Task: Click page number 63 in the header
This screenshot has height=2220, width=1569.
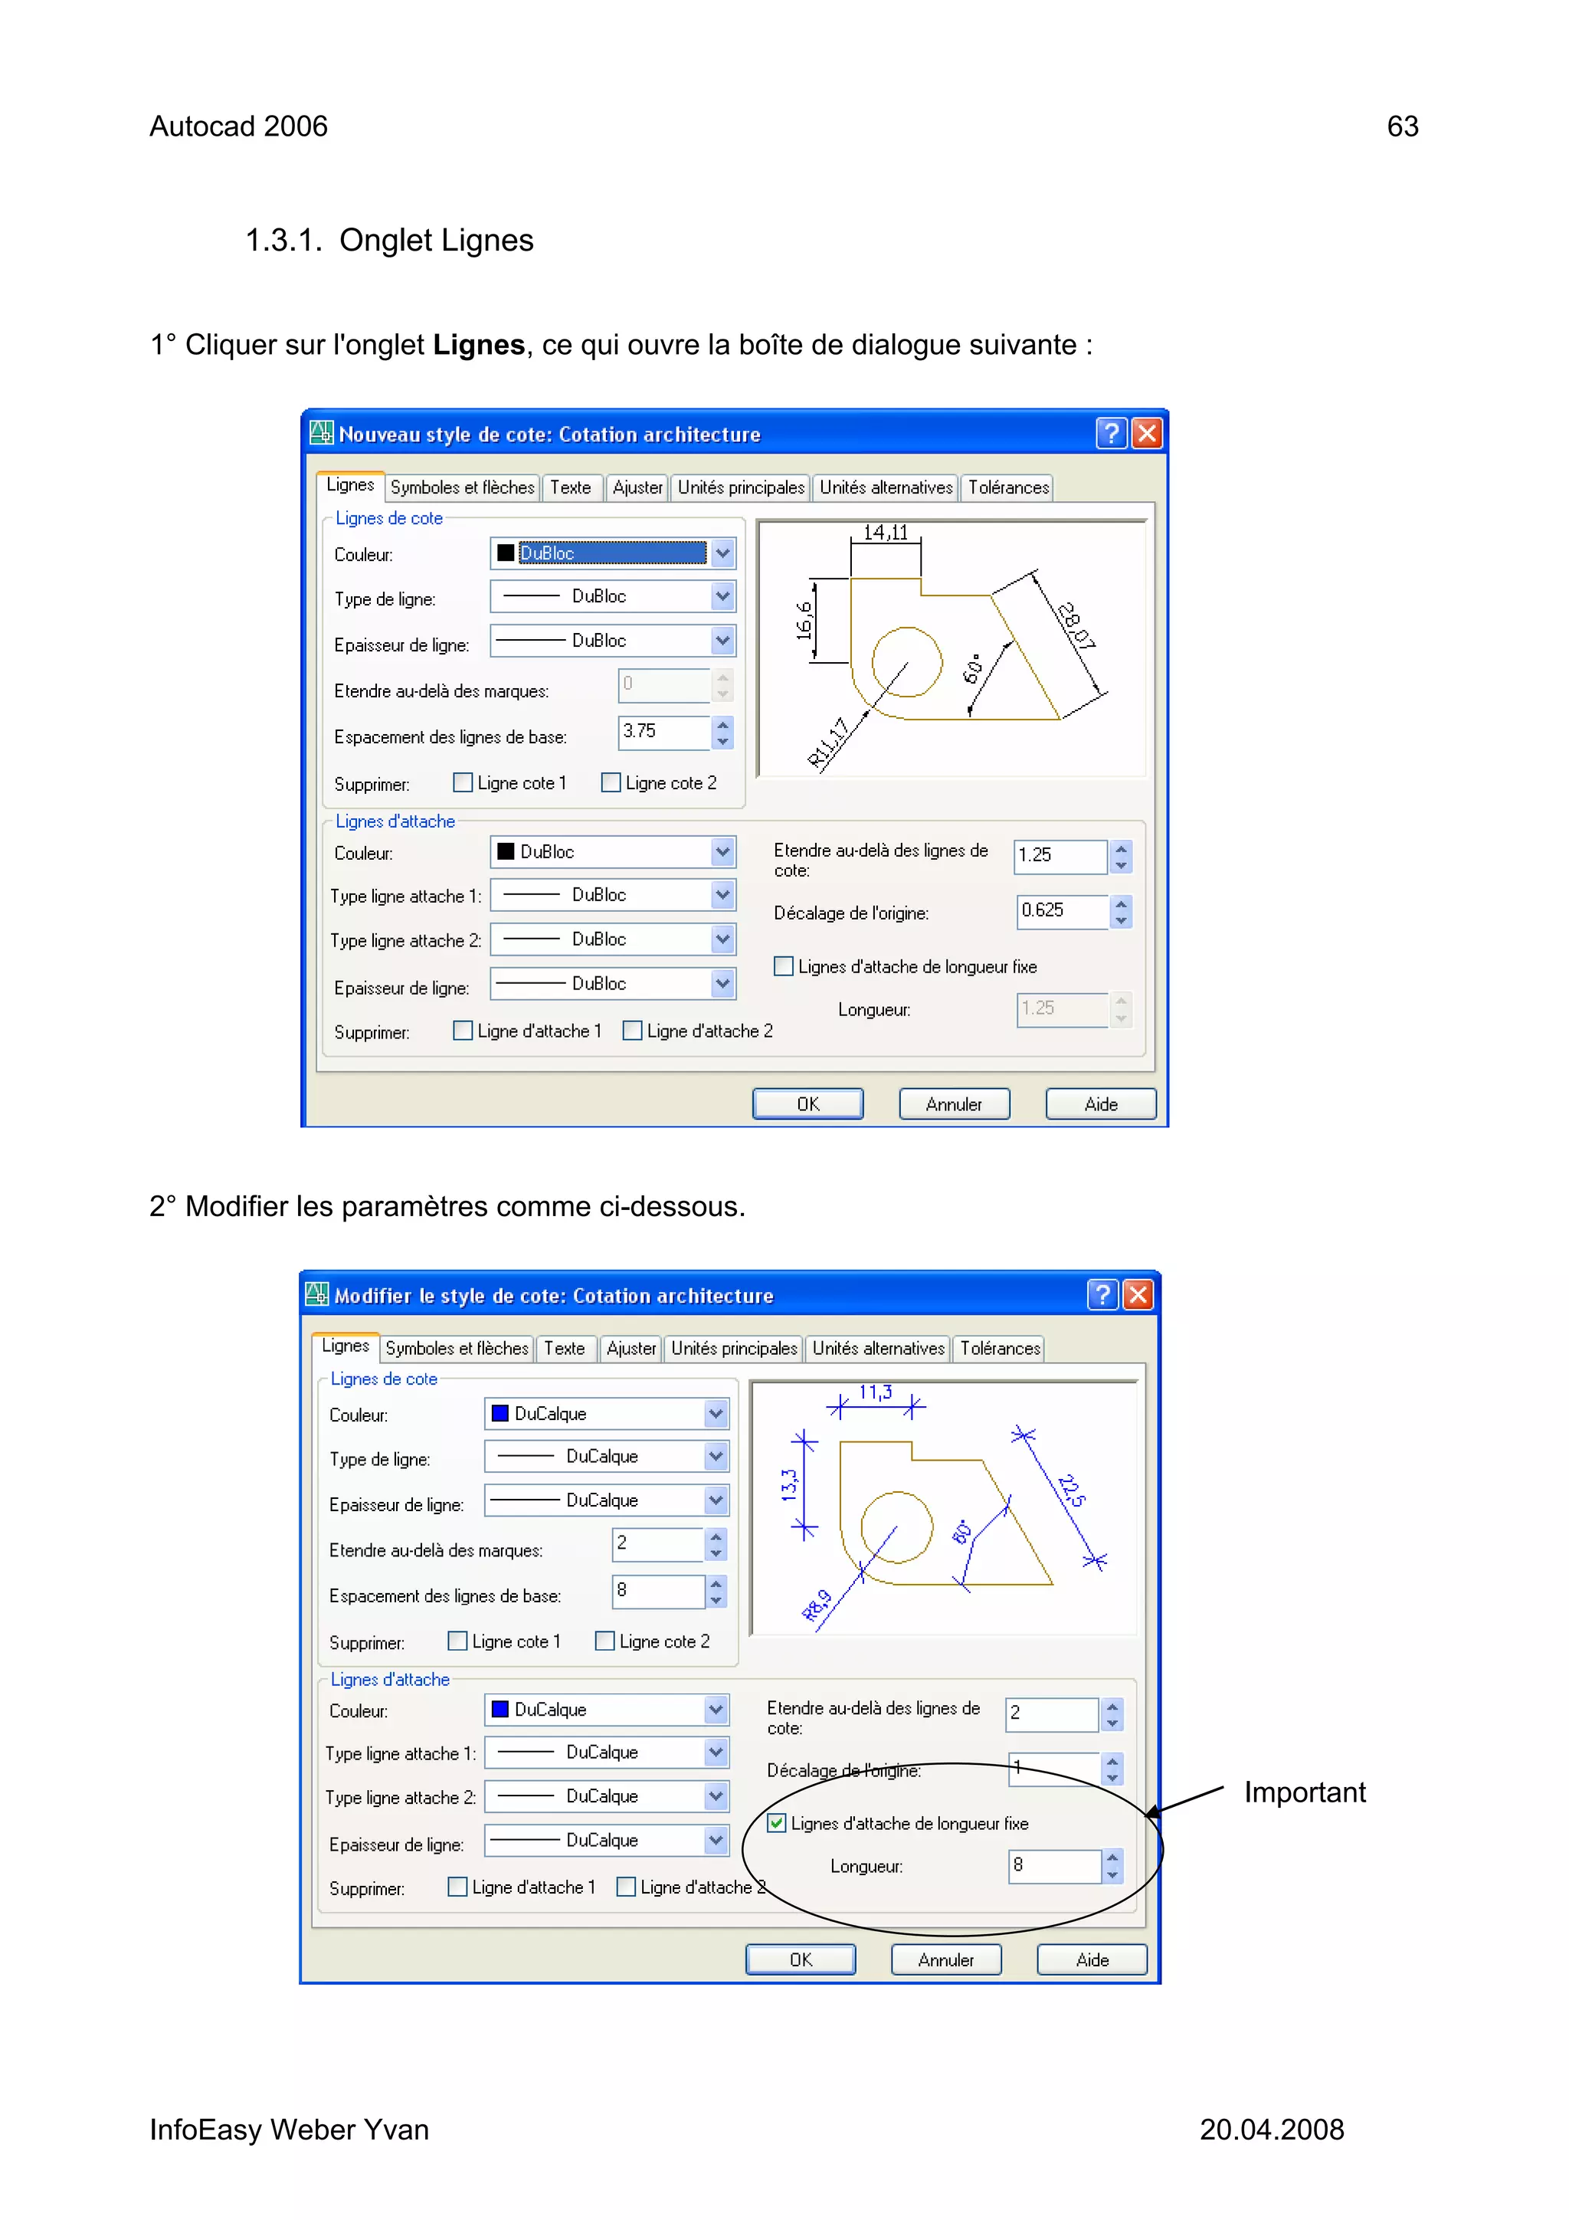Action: pyautogui.click(x=1402, y=126)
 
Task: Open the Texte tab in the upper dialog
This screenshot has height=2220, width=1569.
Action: pyautogui.click(x=570, y=487)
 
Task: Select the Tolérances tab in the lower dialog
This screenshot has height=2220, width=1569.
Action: pyautogui.click(x=1000, y=1348)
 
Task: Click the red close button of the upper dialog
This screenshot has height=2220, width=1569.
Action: pyautogui.click(x=1147, y=433)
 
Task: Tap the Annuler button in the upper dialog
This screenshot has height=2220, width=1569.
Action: pyautogui.click(x=953, y=1104)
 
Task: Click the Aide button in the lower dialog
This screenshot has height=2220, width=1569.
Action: pyautogui.click(x=1092, y=1960)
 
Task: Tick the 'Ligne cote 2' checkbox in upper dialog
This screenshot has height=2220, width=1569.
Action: pyautogui.click(x=611, y=782)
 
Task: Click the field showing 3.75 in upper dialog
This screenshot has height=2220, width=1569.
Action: pyautogui.click(x=663, y=731)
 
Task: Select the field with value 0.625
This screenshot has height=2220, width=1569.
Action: pyautogui.click(x=1060, y=911)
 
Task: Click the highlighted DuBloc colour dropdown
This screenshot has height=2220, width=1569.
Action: pyautogui.click(x=612, y=553)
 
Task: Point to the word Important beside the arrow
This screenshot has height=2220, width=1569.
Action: pyautogui.click(x=1304, y=1792)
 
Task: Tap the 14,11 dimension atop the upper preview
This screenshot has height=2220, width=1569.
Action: pyautogui.click(x=886, y=533)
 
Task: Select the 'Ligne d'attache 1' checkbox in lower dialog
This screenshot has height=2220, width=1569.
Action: pyautogui.click(x=458, y=1887)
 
